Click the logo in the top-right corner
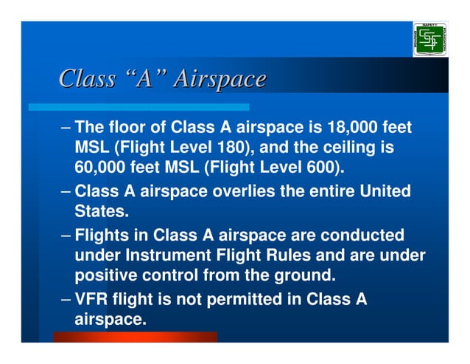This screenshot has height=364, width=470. pos(429,39)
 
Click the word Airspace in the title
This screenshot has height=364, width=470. pos(219,78)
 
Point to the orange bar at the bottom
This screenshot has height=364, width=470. pos(135,337)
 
